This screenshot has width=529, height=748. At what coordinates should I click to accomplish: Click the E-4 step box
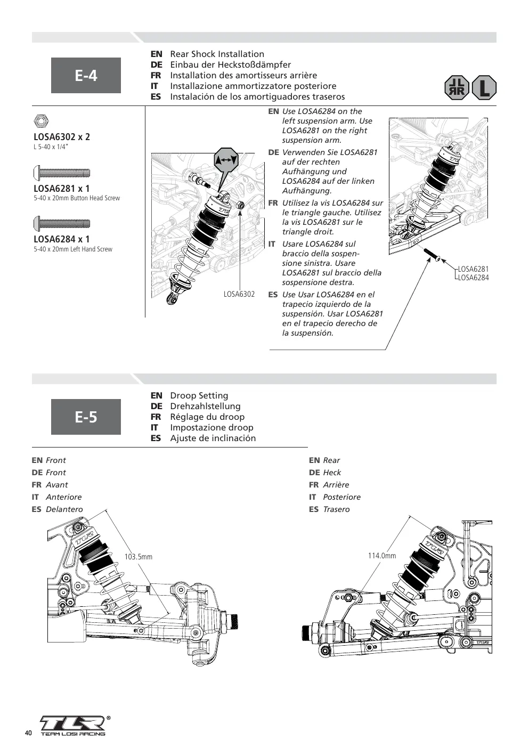click(86, 75)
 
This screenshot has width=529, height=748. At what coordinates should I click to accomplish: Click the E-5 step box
click(86, 417)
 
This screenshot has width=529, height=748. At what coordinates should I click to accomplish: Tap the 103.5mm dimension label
click(139, 557)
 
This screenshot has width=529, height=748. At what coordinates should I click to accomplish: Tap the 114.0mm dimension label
click(382, 556)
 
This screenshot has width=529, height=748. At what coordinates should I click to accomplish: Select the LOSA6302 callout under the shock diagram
click(239, 294)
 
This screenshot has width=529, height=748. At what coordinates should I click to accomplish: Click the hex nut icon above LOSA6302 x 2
click(41, 121)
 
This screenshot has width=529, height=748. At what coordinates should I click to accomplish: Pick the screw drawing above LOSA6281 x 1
click(62, 173)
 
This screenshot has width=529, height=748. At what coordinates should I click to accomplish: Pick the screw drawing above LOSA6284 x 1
click(62, 223)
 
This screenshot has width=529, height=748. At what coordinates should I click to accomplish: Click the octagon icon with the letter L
click(484, 88)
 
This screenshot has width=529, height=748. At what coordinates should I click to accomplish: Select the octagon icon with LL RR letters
click(457, 88)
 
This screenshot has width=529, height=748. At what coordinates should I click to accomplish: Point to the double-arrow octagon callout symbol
click(226, 160)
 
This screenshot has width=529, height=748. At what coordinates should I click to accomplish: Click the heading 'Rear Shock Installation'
click(217, 54)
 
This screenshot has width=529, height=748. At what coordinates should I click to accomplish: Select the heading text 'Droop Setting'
click(199, 396)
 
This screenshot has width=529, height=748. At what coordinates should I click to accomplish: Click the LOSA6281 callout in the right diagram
click(473, 269)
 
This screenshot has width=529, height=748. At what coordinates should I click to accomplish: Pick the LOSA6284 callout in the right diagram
click(473, 278)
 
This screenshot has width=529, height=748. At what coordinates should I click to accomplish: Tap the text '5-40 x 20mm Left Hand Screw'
click(73, 249)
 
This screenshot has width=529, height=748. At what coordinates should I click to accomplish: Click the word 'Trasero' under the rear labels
click(336, 509)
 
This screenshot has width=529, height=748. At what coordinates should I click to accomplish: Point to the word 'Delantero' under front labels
click(64, 509)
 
